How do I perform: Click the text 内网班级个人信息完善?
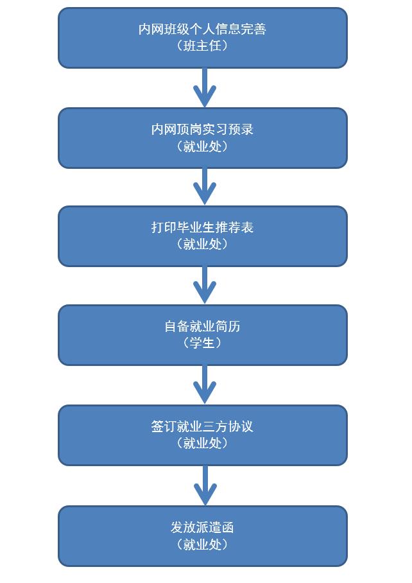tap(202, 29)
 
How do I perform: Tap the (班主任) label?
tap(202, 46)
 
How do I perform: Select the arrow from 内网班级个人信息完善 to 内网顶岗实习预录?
tap(205, 87)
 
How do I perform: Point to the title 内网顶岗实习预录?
tap(202, 129)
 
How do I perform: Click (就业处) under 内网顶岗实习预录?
tap(202, 146)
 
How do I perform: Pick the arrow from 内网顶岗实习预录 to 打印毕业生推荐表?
tap(205, 186)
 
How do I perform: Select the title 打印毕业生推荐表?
tap(202, 227)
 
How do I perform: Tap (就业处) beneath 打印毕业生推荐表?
tap(202, 244)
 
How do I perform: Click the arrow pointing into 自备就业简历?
tap(205, 285)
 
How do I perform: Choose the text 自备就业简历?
tap(202, 326)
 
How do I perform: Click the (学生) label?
tap(202, 343)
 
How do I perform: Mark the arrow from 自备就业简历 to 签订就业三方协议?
tap(205, 385)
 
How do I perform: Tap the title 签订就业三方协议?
tap(202, 426)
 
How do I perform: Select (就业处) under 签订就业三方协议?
tap(202, 443)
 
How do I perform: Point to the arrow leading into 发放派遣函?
tap(205, 485)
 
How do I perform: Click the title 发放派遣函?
tap(202, 527)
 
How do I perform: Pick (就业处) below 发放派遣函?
tap(202, 544)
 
